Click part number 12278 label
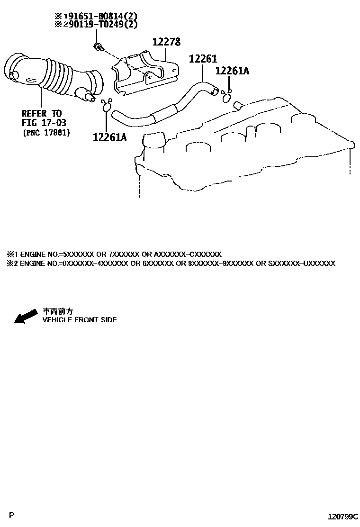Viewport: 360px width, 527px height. tap(166, 42)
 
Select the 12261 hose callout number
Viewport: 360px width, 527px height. tap(203, 59)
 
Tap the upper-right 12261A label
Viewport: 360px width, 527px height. tap(232, 71)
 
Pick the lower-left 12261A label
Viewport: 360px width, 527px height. tap(110, 137)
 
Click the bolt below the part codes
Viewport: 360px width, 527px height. tap(98, 46)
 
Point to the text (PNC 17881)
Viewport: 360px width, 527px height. tap(46, 133)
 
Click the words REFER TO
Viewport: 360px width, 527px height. tap(42, 114)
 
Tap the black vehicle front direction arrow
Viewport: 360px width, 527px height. tap(25, 316)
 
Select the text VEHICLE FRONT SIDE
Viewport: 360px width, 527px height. tap(80, 320)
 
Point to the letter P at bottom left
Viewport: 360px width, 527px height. tap(12, 514)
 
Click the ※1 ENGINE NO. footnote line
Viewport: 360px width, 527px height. tap(114, 254)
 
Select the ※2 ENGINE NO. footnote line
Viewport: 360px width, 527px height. tap(171, 263)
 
